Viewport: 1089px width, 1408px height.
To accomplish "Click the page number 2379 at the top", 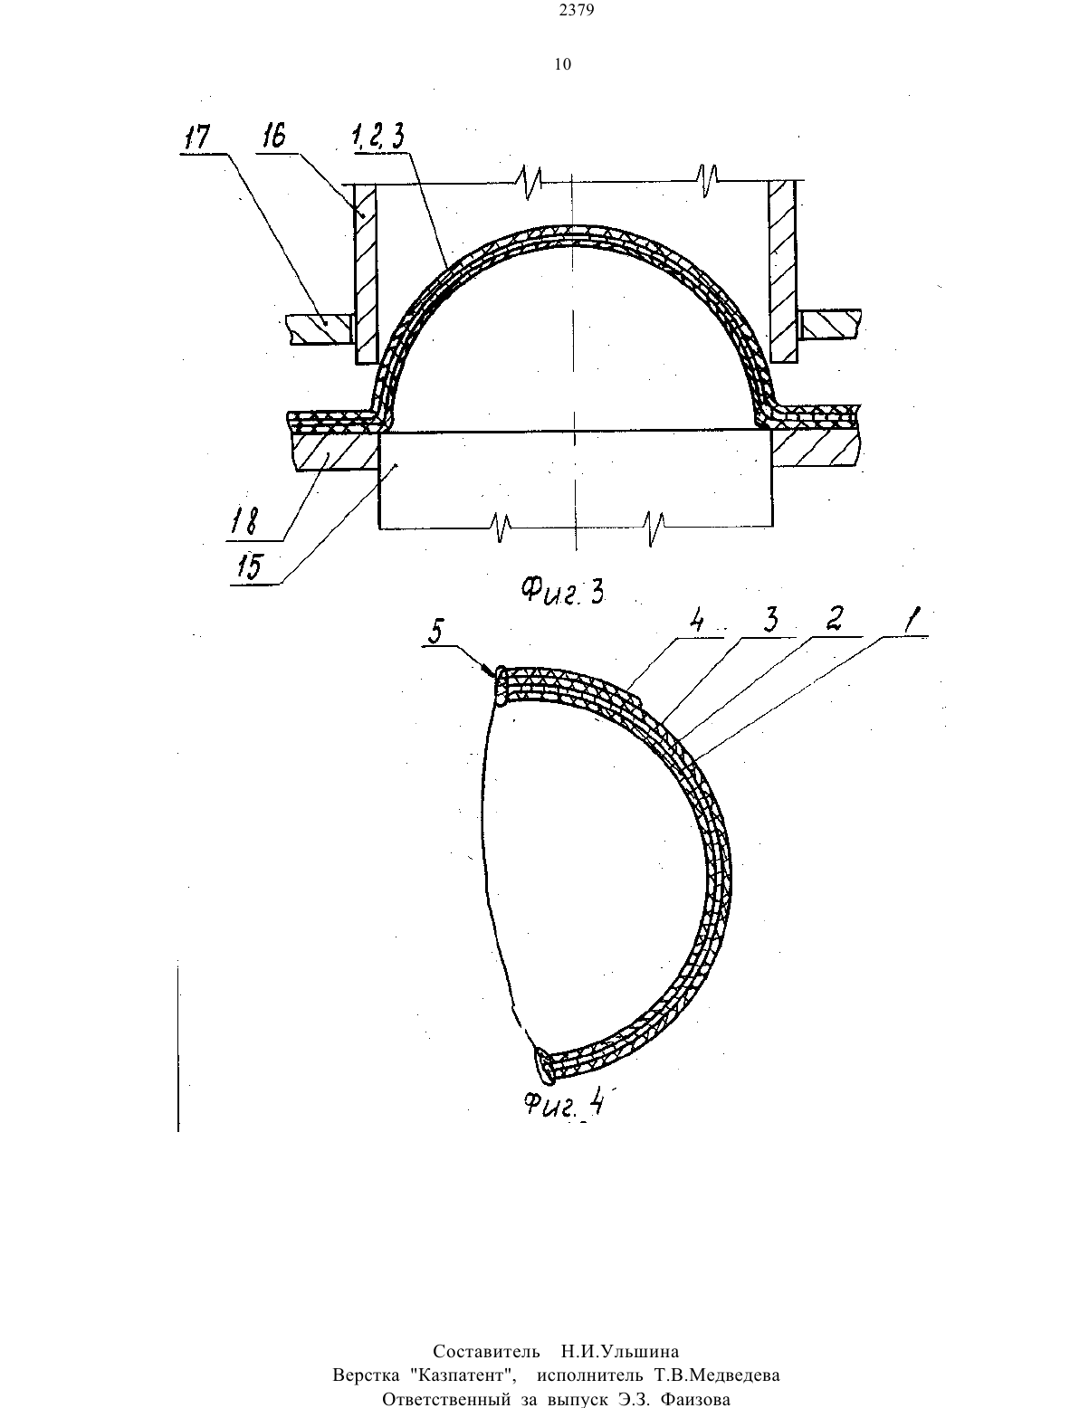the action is click(x=577, y=10).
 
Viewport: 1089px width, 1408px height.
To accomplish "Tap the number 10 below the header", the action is click(x=563, y=64).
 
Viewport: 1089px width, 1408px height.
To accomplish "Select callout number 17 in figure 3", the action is click(x=197, y=138).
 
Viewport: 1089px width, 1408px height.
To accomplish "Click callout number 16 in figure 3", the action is click(x=274, y=137).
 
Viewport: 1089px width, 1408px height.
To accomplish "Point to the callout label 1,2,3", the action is click(x=378, y=137).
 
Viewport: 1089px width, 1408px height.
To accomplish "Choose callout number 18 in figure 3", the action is click(x=244, y=521).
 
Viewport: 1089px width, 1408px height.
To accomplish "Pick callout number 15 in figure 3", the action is click(x=250, y=567).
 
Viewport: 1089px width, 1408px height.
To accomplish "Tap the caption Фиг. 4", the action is click(x=564, y=1102).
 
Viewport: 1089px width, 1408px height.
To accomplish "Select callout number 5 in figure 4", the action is click(x=435, y=633).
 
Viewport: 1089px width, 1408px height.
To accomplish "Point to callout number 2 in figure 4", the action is click(x=835, y=619).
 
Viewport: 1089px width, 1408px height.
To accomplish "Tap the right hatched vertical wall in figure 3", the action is click(x=782, y=271).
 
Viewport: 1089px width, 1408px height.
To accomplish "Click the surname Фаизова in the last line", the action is click(x=695, y=1400).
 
